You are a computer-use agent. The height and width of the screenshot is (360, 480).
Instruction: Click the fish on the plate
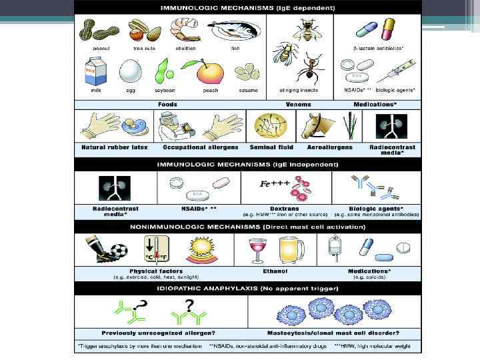(x=235, y=31)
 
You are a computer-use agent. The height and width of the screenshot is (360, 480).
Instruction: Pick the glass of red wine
(x=255, y=252)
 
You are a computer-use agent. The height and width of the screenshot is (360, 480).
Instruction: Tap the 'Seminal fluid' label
(x=267, y=147)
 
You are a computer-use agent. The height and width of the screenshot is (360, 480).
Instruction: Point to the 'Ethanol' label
(x=274, y=271)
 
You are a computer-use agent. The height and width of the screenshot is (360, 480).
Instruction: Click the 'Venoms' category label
(x=298, y=105)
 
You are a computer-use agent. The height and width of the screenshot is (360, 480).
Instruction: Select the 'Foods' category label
(x=167, y=105)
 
